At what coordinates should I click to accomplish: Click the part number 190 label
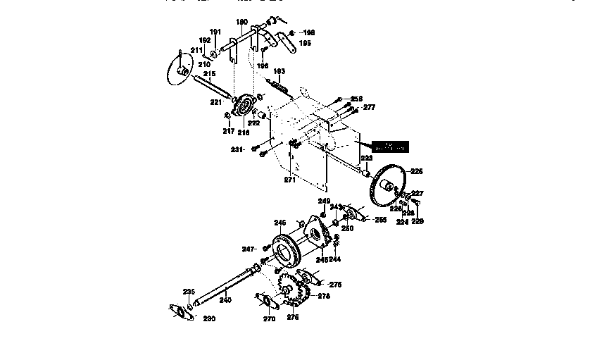(241, 23)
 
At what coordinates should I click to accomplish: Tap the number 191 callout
(215, 32)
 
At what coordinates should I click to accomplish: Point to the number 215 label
(209, 74)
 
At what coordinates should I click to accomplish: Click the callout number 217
(228, 131)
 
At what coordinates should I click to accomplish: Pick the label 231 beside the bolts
(237, 149)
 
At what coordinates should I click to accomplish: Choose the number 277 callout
(369, 108)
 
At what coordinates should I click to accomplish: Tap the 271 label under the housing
(289, 180)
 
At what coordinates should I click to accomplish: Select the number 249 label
(323, 201)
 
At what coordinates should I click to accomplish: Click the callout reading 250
(347, 229)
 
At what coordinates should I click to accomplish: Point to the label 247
(247, 249)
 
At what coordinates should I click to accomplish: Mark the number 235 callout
(189, 292)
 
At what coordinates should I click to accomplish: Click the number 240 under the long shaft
(225, 300)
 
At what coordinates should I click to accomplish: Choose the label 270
(269, 318)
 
